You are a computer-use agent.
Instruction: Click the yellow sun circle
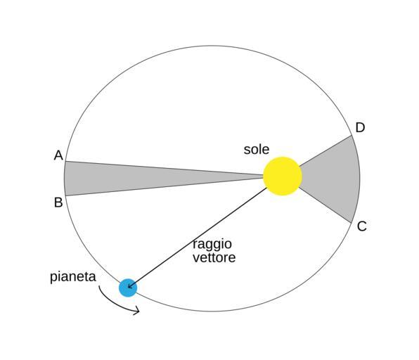tap(283, 176)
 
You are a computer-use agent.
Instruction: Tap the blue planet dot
tap(128, 288)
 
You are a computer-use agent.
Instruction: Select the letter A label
tap(58, 155)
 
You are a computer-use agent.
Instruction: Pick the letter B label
tap(58, 202)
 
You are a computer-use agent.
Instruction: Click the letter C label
tap(361, 226)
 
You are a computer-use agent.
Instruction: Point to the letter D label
tap(360, 127)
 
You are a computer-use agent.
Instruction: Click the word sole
tap(257, 149)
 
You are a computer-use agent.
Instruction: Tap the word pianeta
tap(73, 277)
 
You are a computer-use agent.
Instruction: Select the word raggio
tap(212, 245)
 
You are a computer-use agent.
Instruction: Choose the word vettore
tap(214, 257)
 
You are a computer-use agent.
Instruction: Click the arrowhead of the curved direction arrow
tap(137, 311)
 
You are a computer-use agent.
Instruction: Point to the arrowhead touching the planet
tap(130, 285)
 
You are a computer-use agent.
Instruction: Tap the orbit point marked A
tap(66, 161)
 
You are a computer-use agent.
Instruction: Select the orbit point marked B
tap(66, 196)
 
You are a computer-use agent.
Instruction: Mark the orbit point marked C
tap(351, 222)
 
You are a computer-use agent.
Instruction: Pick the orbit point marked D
tap(352, 136)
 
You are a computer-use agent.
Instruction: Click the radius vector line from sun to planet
tap(198, 238)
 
